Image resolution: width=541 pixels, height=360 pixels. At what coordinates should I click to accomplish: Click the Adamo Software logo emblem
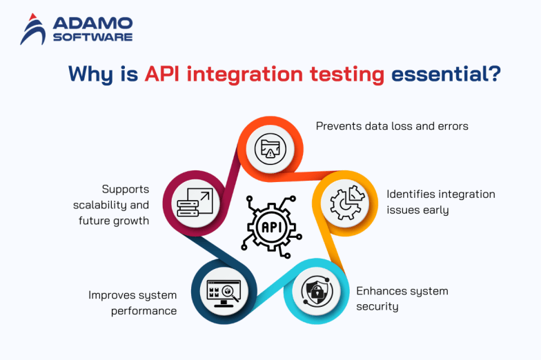(x=33, y=29)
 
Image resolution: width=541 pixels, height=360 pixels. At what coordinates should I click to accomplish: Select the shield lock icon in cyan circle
(x=314, y=290)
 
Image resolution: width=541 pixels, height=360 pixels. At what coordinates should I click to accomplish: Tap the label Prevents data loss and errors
(x=392, y=126)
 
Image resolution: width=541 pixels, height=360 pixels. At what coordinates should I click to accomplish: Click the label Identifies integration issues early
(x=440, y=201)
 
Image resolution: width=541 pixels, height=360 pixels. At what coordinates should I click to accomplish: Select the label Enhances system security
(x=402, y=298)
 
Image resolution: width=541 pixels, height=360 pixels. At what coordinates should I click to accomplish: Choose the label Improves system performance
(x=132, y=303)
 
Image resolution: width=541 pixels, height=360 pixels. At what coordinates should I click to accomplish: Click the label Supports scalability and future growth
(x=111, y=205)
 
